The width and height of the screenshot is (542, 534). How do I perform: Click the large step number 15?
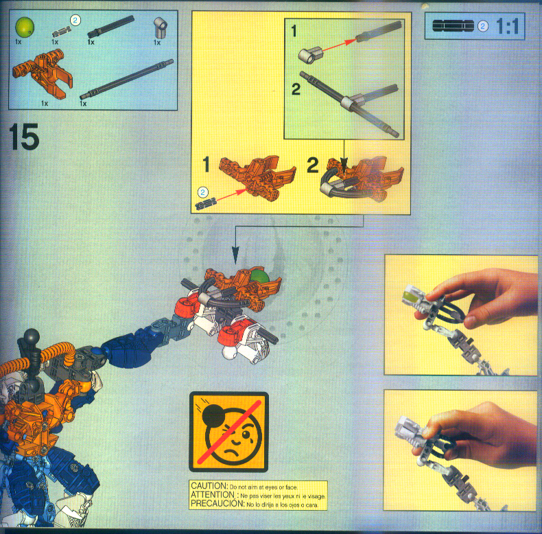[25, 138]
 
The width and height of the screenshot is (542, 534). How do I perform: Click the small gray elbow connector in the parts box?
[159, 27]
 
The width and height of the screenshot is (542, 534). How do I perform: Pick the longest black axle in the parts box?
[127, 80]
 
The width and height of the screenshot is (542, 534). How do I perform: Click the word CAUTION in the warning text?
[208, 486]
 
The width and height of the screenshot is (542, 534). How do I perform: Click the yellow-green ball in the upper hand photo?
[409, 297]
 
